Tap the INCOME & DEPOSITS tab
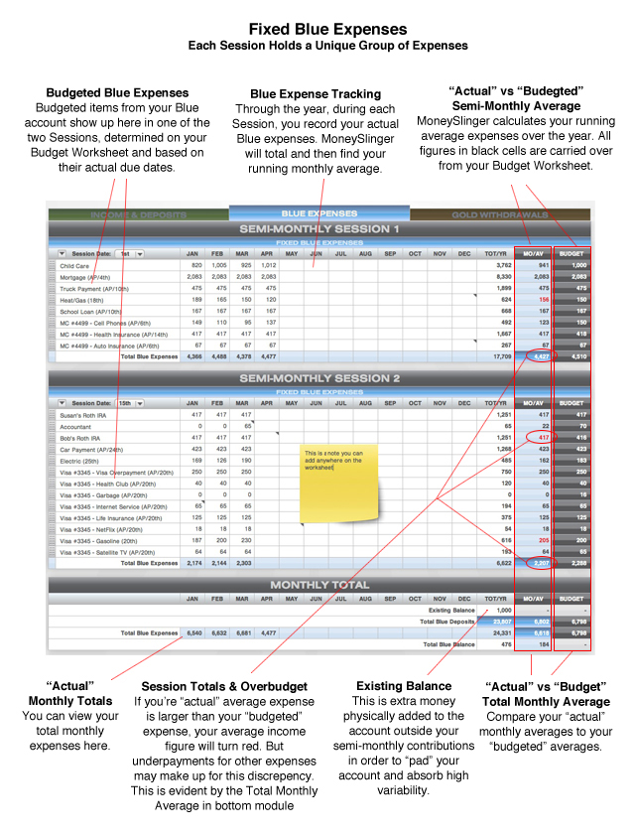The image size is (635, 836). pos(139,214)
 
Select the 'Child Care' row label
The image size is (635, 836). pos(74,266)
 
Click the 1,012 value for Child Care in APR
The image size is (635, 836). pos(269,266)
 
